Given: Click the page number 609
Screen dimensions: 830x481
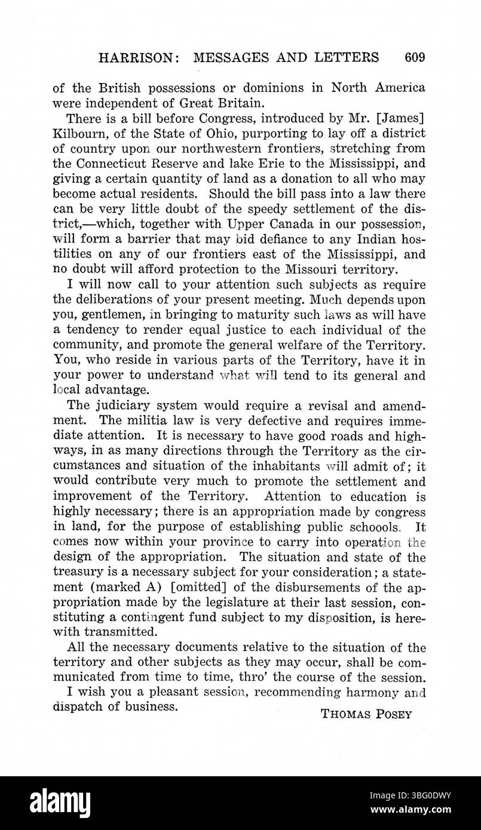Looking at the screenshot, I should tap(414, 57).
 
